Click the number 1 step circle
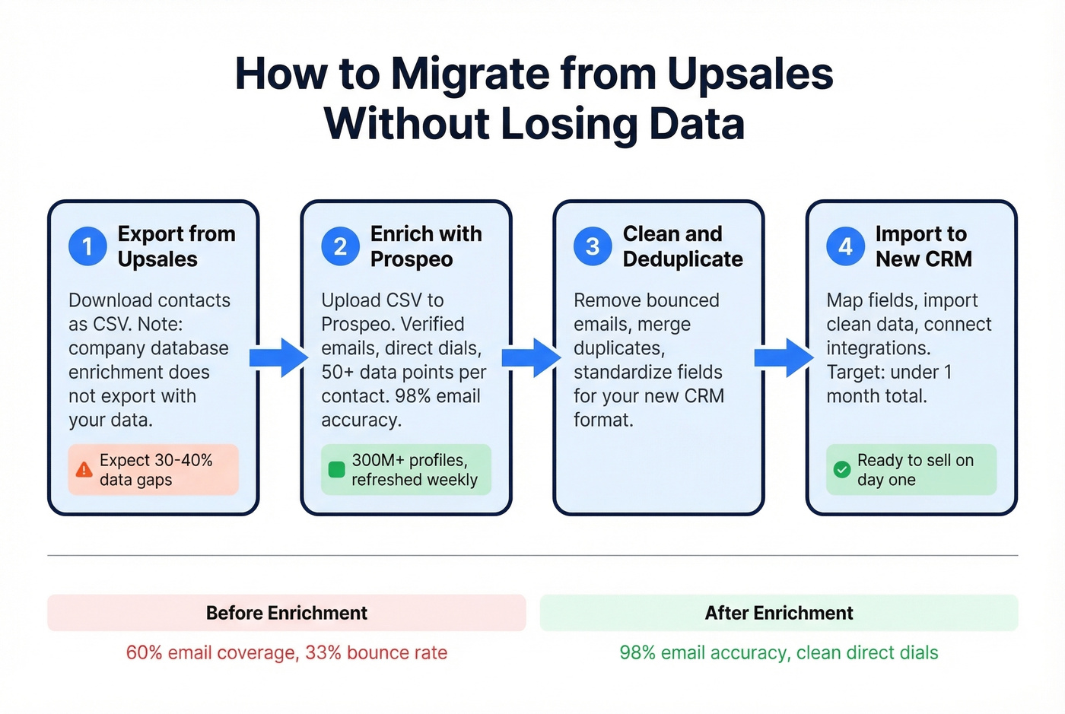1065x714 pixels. (87, 246)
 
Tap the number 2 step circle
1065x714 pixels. (340, 246)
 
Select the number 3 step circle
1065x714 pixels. (593, 246)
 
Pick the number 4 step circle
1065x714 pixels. (845, 246)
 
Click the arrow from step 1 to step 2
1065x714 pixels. (279, 357)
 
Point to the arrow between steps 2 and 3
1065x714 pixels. (532, 357)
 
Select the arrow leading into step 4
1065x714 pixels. (784, 357)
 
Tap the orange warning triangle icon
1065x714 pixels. (84, 470)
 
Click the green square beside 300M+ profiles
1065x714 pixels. (336, 470)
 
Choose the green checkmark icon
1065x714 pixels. (841, 470)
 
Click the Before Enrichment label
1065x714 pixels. (286, 613)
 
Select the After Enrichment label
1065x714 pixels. (779, 613)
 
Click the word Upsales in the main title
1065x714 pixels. (750, 75)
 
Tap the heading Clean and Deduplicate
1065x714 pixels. (682, 246)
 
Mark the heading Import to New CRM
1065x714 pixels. (924, 246)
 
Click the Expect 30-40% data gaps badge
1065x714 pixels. (154, 470)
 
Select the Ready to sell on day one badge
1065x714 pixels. (911, 470)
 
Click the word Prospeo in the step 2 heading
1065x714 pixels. (412, 259)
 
